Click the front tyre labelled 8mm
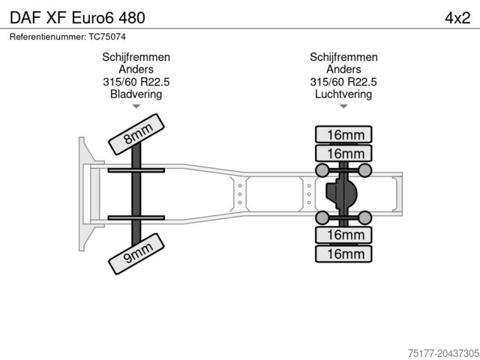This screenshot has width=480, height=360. pos(136,134)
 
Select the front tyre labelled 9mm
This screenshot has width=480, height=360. pos(136,253)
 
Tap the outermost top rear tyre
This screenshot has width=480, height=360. pos(343,134)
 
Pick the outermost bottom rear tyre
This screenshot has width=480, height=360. pos(343,253)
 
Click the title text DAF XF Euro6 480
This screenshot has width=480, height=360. pos(77,18)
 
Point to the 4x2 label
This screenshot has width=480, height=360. pos(457,18)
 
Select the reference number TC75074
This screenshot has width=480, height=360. pos(107,37)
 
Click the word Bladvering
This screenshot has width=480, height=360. pos(136,94)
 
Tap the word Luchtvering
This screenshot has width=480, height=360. pos(343,94)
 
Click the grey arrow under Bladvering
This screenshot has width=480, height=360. pos(136,106)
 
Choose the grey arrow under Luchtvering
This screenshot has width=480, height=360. pos(343,106)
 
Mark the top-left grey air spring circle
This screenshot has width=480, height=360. pos(322,170)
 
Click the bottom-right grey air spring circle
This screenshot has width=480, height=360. pos(364,218)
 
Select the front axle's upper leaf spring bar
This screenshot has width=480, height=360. pos(136,170)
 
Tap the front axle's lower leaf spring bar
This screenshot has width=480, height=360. pos(136,218)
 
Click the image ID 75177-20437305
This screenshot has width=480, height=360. pos(443,353)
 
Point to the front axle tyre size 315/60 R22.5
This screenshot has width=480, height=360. pos(136,82)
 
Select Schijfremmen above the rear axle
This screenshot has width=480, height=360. pos(343,57)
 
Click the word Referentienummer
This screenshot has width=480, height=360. pos(48,37)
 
